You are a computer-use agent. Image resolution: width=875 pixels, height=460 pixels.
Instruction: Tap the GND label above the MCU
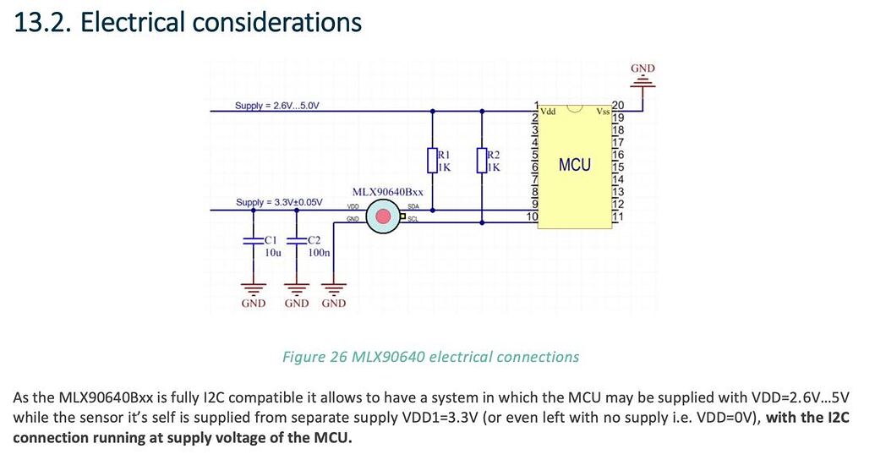643,68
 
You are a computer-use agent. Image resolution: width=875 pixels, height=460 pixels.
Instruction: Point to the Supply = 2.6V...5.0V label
277,106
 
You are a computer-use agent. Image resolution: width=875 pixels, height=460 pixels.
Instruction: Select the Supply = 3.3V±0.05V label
279,203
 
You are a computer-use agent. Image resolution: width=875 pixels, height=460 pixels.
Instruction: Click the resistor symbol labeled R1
432,160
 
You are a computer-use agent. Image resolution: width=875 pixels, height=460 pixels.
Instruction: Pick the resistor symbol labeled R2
482,160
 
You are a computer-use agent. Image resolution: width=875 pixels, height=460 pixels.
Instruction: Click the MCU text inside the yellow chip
575,165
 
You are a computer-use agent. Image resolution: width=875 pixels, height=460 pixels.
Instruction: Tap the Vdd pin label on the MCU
549,112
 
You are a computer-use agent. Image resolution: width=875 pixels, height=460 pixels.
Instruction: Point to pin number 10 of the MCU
533,217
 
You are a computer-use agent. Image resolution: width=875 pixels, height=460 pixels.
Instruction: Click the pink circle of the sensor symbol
384,217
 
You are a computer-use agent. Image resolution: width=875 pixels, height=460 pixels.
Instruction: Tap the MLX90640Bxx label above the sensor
387,192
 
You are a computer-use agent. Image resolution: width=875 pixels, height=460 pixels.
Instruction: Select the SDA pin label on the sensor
413,206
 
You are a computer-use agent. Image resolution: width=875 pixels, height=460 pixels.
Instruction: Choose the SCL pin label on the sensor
413,220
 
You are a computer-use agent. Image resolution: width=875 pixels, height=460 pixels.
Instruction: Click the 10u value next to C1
273,252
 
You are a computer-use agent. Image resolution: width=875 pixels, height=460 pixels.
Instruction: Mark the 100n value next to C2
319,252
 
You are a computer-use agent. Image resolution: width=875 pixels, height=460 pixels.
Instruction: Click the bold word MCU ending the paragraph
331,438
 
